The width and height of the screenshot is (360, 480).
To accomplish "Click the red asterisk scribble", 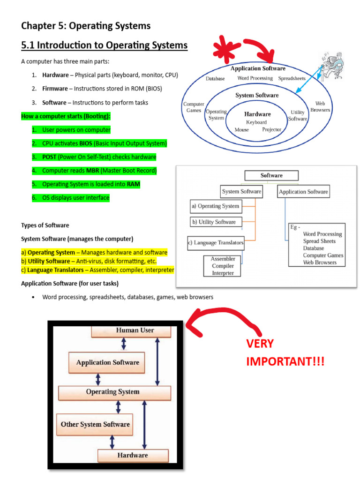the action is pos(226,49).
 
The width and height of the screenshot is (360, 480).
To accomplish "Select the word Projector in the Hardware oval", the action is pos(271,129).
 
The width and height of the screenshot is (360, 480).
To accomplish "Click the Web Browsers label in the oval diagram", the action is pos(320,106).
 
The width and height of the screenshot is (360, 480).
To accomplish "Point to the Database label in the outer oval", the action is pos(215,79).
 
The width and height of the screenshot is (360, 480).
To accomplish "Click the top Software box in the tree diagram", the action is pos(271,175).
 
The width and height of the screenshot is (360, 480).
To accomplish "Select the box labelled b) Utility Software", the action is pos(216,222).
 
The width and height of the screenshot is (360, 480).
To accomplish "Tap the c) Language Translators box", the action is pos(216,243).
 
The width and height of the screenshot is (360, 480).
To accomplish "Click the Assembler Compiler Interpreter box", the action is pos(222,266).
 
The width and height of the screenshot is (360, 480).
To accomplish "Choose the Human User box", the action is pos(131,331).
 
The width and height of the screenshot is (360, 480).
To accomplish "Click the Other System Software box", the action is pos(95,425).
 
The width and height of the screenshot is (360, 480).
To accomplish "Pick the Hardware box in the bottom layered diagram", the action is pos(133,456).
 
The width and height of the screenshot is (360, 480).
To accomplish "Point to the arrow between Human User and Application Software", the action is pos(124,344).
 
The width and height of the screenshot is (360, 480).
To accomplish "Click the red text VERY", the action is pos(260,344).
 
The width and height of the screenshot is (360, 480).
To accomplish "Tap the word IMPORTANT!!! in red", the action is pos(285,361).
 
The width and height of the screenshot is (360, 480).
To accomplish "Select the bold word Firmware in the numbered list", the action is pos(55,89).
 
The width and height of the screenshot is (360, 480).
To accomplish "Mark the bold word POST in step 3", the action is pos(49,157).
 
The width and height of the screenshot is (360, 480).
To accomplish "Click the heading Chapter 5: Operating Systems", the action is pos(86,26).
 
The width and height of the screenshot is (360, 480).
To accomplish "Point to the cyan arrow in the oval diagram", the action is pos(309,80).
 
